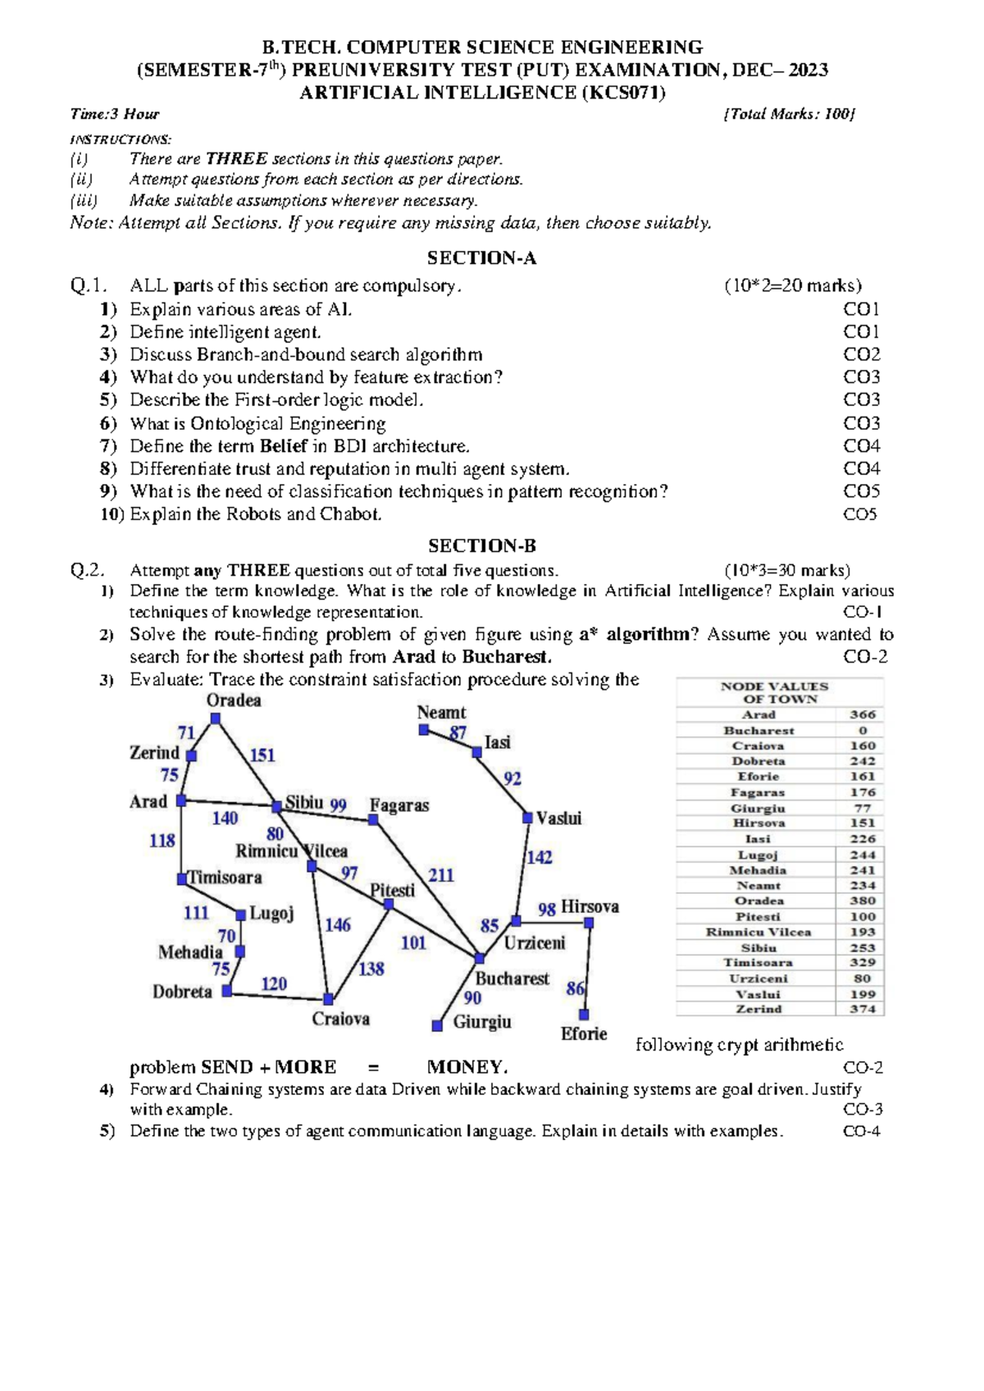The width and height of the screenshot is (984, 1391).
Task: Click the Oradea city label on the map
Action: click(x=234, y=700)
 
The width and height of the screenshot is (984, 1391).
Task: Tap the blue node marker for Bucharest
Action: click(x=480, y=958)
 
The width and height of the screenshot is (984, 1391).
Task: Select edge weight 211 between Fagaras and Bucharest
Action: click(x=441, y=875)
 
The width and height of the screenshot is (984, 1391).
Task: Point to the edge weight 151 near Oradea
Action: click(x=262, y=755)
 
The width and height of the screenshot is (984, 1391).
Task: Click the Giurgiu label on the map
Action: click(x=482, y=1022)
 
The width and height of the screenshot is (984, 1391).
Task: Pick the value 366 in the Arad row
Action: click(x=862, y=714)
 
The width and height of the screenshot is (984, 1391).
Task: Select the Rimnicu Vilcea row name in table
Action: click(x=758, y=932)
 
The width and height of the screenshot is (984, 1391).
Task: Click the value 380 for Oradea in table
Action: click(x=862, y=901)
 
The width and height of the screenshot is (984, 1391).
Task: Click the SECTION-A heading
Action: click(x=481, y=258)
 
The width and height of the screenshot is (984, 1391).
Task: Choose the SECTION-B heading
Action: click(x=481, y=546)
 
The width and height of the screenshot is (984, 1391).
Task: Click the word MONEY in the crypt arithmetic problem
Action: click(x=467, y=1067)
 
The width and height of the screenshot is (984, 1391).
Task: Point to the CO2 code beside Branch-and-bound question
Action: click(x=862, y=354)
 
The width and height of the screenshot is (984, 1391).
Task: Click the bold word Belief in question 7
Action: click(x=284, y=446)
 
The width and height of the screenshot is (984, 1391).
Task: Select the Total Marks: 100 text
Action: click(x=789, y=114)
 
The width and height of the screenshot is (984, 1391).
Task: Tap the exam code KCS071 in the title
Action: click(x=622, y=92)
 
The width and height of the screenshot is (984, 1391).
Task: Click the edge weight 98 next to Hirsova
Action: click(x=547, y=909)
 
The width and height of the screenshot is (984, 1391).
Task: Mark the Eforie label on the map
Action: click(x=584, y=1034)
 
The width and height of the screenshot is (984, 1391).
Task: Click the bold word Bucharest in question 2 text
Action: click(x=506, y=657)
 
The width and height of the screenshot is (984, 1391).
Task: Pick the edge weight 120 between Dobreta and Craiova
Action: click(x=274, y=983)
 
